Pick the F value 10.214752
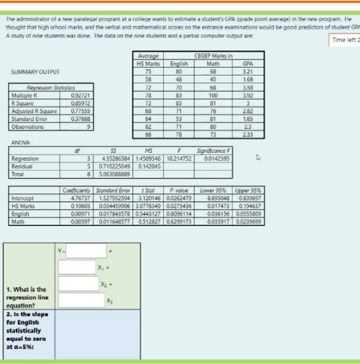click(178, 158)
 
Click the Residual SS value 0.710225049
click(115, 166)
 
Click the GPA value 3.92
click(248, 95)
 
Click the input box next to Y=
click(86, 250)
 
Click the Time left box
click(345, 40)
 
